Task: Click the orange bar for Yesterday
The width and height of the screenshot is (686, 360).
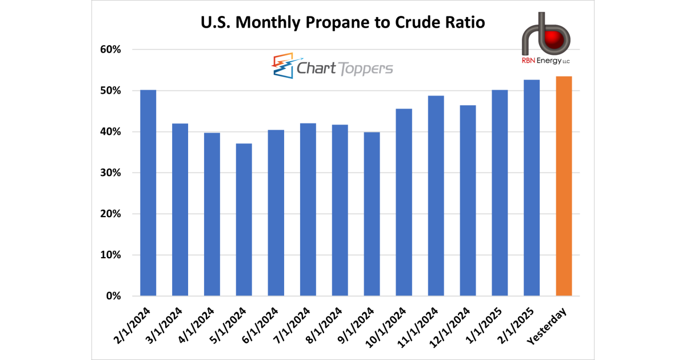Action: pyautogui.click(x=564, y=186)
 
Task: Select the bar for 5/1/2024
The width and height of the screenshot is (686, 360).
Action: pyautogui.click(x=244, y=220)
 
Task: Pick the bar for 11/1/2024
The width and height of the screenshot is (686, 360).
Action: pyautogui.click(x=436, y=196)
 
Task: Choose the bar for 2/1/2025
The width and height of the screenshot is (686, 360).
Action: pyautogui.click(x=532, y=188)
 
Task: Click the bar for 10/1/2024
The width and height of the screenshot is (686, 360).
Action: pyautogui.click(x=404, y=202)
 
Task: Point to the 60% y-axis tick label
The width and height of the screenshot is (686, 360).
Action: pyautogui.click(x=111, y=50)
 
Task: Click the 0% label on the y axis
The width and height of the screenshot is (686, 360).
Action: pyautogui.click(x=114, y=296)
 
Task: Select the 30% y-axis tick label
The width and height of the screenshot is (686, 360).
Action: pyautogui.click(x=111, y=173)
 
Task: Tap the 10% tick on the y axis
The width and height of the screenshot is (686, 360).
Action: pyautogui.click(x=111, y=255)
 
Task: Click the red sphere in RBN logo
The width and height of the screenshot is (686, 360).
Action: pyautogui.click(x=552, y=39)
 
